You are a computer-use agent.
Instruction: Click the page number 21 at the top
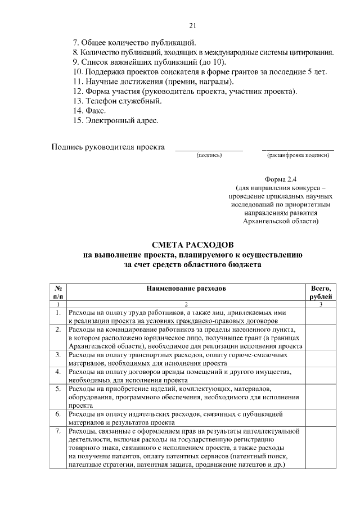[x=192, y=26]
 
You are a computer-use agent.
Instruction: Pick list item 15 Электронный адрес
[x=116, y=120]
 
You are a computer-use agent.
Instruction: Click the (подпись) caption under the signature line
[x=209, y=155]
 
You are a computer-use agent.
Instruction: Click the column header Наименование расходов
[x=186, y=288]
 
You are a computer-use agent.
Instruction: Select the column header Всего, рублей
[x=321, y=292]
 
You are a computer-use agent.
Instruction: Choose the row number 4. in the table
[x=58, y=372]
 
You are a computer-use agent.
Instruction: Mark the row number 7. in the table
[x=58, y=431]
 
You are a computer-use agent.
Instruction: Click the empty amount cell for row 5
[x=321, y=397]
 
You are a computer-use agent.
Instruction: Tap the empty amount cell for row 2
[x=321, y=337]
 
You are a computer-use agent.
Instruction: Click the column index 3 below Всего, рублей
[x=321, y=304]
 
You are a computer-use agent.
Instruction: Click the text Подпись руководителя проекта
[x=108, y=147]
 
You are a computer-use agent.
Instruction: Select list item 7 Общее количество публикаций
[x=134, y=42]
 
